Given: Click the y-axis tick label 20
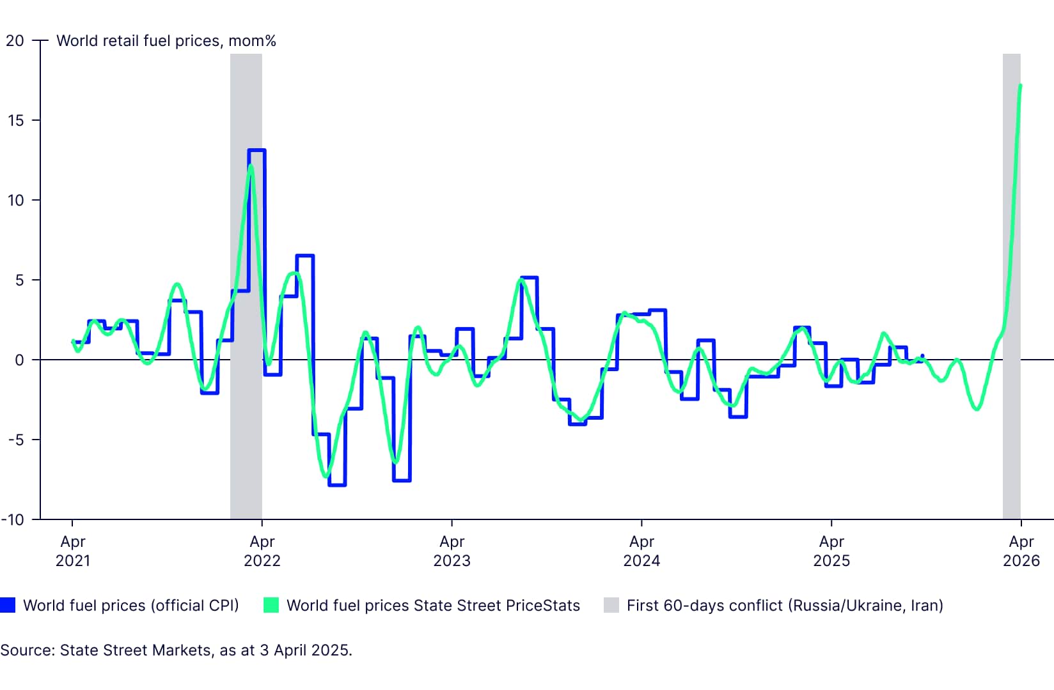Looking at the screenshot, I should (x=15, y=41).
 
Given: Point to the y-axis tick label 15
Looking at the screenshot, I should (x=15, y=120).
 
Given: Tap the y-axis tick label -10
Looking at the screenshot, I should (x=13, y=519).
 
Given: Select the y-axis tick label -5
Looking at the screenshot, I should (x=15, y=440).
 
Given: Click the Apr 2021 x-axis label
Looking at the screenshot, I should (x=72, y=551).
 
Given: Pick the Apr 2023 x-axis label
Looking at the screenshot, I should (x=452, y=551).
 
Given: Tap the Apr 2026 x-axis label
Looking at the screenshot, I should (x=1021, y=551).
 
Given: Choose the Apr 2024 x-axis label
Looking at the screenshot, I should (x=641, y=551).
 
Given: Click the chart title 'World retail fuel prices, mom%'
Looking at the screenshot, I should (x=166, y=41).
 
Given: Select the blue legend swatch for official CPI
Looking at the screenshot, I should (x=8, y=605).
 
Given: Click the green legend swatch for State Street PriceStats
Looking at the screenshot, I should (x=271, y=605).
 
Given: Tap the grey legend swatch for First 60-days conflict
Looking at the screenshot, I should (x=611, y=605).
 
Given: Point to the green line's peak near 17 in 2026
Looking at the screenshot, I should (x=1020, y=85).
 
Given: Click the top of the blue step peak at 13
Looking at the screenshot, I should (x=256, y=151).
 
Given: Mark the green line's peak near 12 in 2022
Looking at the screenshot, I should (x=251, y=167).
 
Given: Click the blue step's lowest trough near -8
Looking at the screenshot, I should (x=337, y=485).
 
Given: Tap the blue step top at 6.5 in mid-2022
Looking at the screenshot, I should (x=304, y=256).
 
